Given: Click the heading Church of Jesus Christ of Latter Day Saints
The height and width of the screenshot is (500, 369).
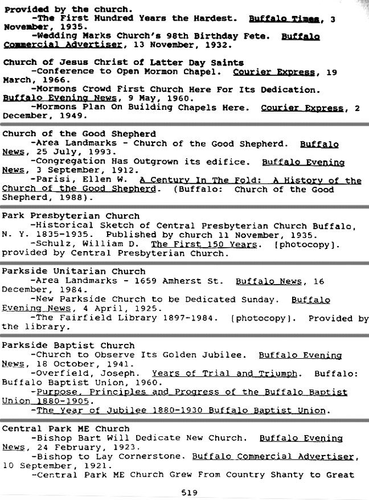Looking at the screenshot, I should [x=123, y=63].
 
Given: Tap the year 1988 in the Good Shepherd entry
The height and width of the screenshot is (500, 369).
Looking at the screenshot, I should [x=73, y=198].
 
